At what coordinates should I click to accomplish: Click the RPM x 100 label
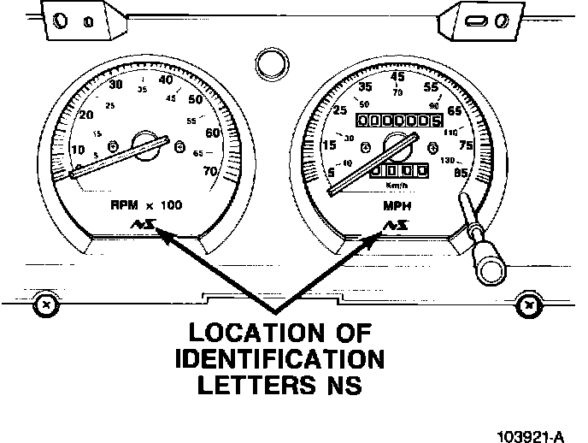[146, 205]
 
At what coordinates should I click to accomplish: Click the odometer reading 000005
[398, 121]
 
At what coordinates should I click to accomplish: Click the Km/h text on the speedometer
[397, 185]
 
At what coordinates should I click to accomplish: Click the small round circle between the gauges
[270, 63]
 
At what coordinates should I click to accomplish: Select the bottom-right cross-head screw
[529, 304]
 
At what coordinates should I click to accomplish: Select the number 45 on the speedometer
[397, 77]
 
